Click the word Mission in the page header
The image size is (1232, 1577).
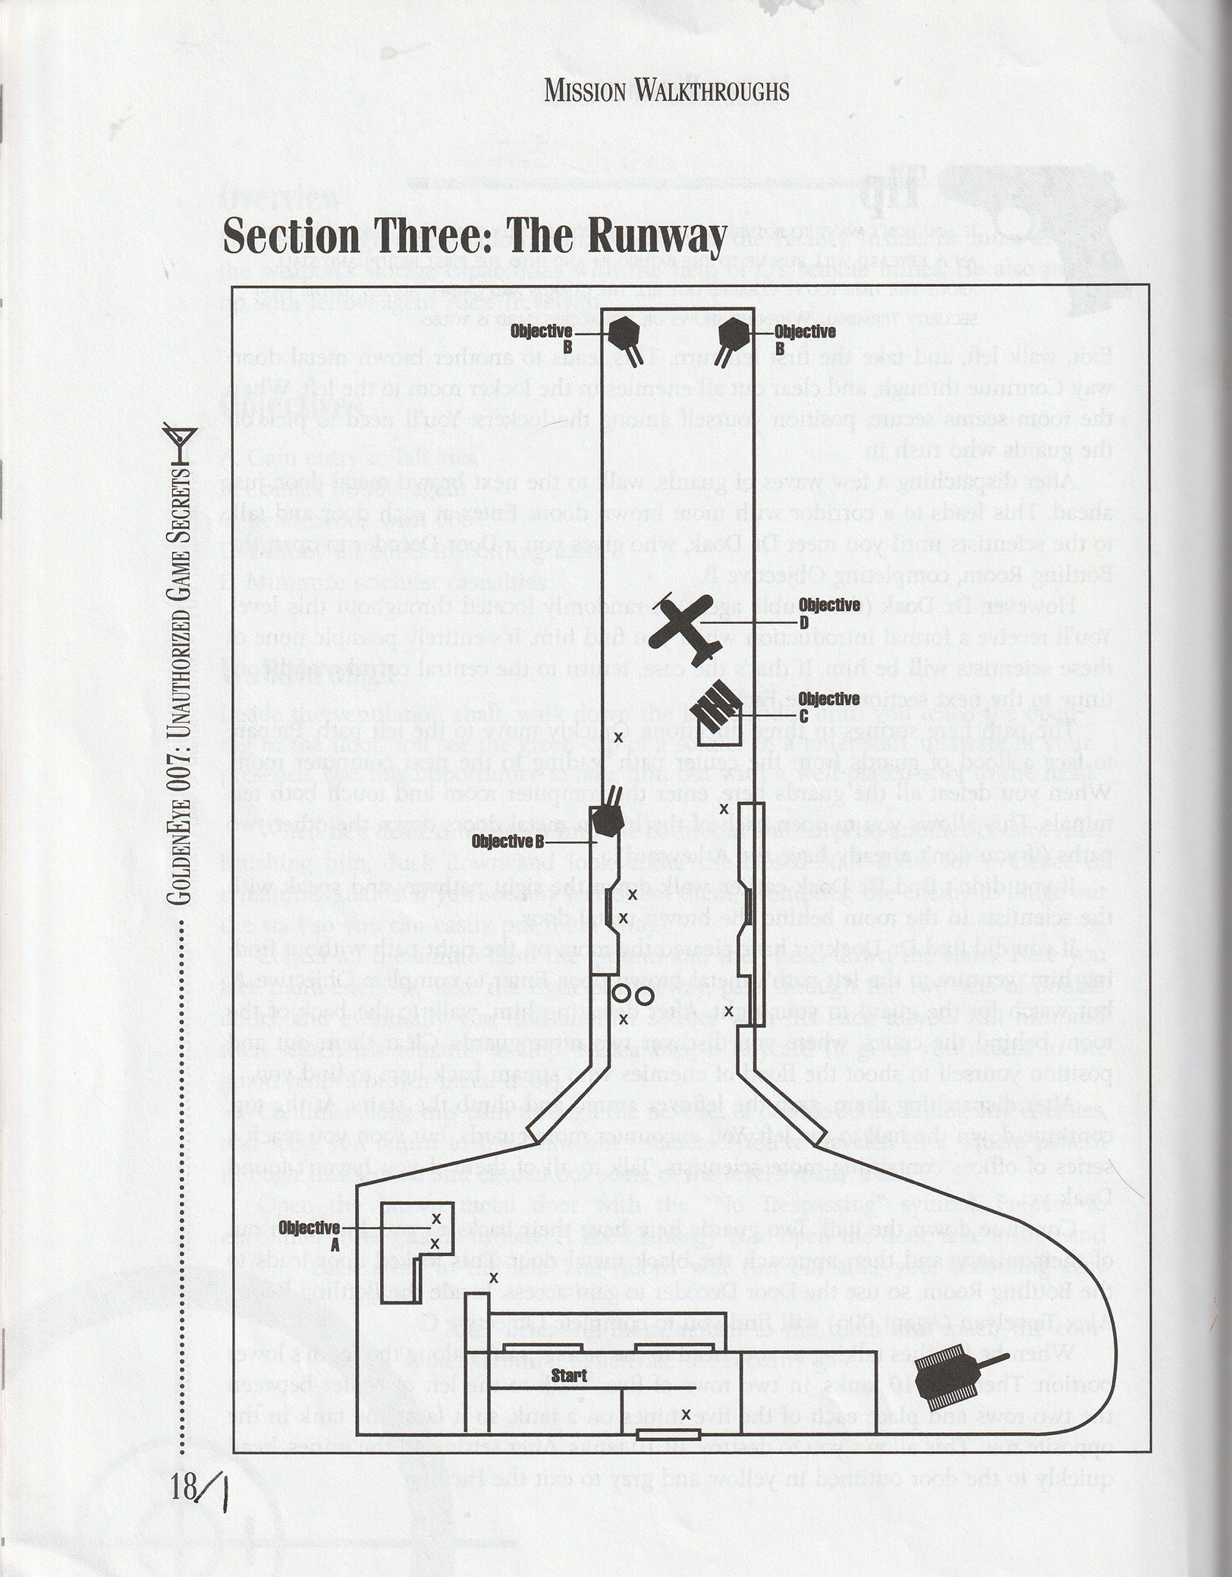pos(584,93)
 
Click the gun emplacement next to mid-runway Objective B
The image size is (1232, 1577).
pos(607,819)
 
